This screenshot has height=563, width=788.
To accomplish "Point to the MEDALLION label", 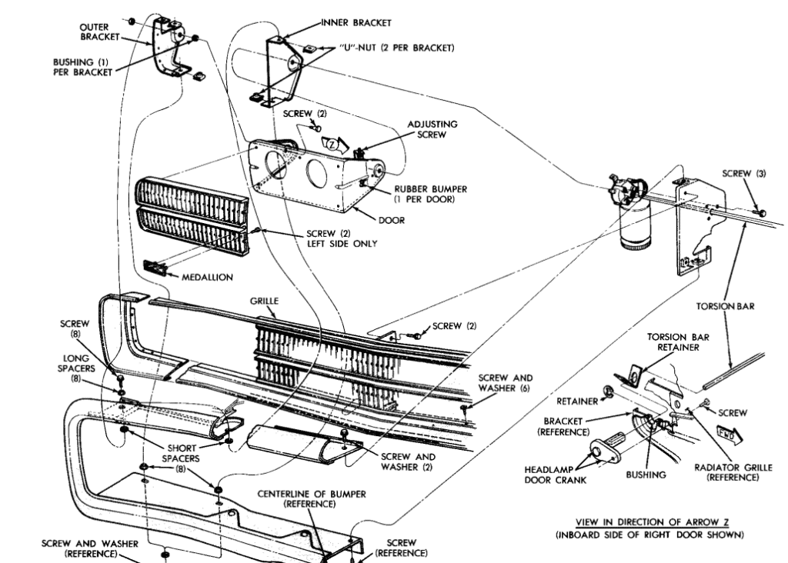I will (x=209, y=277).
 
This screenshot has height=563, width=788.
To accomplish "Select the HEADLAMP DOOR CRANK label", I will (x=555, y=475).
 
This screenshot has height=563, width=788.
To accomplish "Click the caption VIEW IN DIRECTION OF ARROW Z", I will (x=649, y=522).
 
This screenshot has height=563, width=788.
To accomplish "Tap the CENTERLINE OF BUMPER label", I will (x=311, y=498).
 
